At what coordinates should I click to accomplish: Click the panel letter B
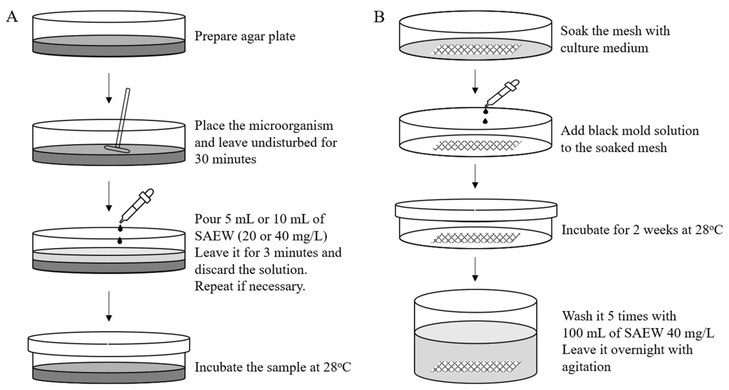(x=379, y=17)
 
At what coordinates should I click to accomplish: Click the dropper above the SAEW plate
(x=137, y=205)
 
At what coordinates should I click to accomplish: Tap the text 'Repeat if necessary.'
(x=250, y=286)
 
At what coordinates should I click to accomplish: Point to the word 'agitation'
(x=586, y=367)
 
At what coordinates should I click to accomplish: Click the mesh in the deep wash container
(x=476, y=367)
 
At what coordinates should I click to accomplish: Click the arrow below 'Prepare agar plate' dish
(x=109, y=88)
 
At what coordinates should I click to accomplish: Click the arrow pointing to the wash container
(x=475, y=269)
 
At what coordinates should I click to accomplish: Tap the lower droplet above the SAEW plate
(x=120, y=241)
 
